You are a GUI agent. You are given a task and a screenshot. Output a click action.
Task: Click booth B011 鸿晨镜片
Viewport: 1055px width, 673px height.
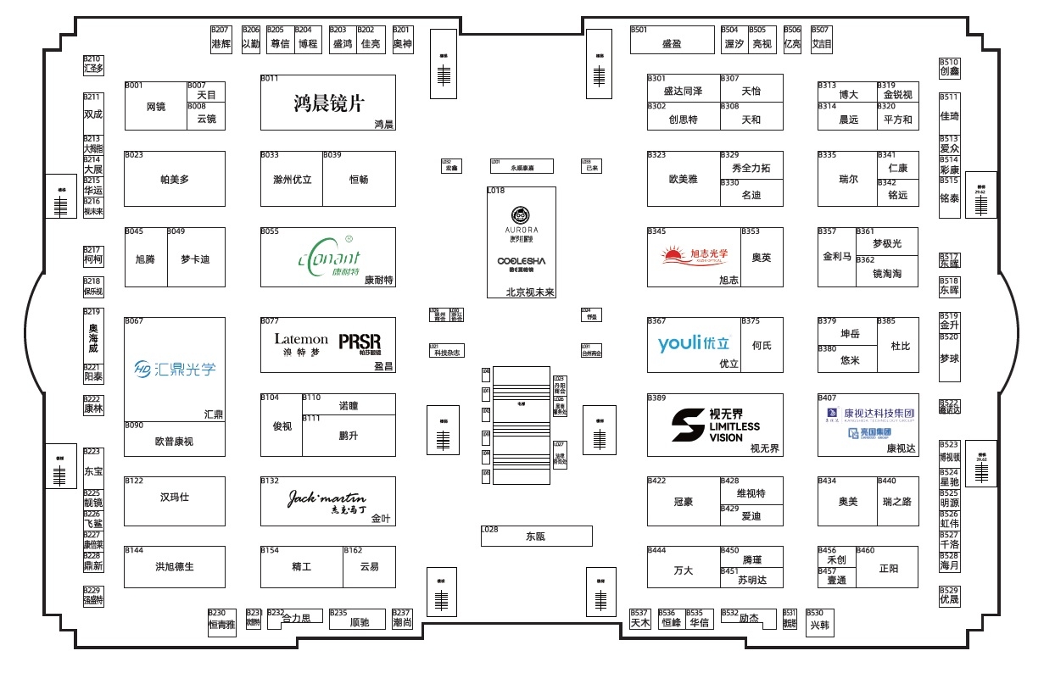[x=327, y=103]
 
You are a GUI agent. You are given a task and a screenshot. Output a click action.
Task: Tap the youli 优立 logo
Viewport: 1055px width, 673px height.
[x=693, y=343]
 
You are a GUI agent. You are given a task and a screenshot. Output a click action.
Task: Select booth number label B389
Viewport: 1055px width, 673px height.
[x=656, y=398]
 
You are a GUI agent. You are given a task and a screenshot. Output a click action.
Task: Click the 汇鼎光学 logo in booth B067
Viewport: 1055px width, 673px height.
[x=175, y=368]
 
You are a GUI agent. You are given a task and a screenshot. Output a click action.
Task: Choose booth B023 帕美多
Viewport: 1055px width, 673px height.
[x=175, y=179]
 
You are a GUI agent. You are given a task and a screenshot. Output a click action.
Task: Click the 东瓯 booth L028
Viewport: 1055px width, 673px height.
[x=536, y=536]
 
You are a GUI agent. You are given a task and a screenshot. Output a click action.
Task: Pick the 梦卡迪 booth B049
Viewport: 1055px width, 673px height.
[x=195, y=259]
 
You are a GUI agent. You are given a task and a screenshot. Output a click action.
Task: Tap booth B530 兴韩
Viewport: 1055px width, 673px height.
[x=819, y=625]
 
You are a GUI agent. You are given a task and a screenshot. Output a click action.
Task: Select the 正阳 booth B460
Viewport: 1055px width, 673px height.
[x=887, y=568]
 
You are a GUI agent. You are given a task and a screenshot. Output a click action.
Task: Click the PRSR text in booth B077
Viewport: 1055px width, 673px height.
[x=360, y=342]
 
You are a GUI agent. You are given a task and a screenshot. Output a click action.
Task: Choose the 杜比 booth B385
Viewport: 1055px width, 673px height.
[x=899, y=346]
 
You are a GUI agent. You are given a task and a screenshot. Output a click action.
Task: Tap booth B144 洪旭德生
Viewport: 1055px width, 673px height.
[x=175, y=566]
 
